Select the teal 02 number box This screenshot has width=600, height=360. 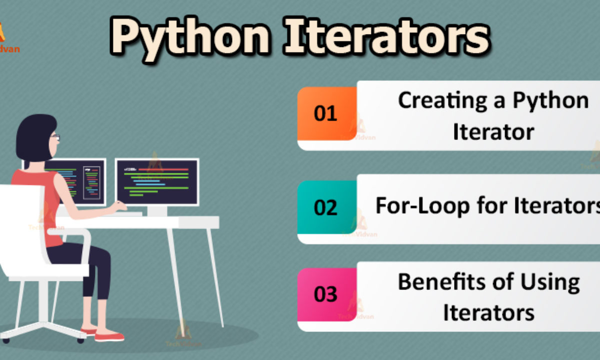pyautogui.click(x=326, y=207)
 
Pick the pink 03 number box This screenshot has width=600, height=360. pyautogui.click(x=326, y=294)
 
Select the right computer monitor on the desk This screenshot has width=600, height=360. pyautogui.click(x=157, y=181)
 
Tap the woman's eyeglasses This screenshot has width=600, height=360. pyautogui.click(x=55, y=136)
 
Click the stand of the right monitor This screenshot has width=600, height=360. pyautogui.click(x=157, y=210)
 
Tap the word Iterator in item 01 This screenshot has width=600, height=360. pyautogui.click(x=493, y=132)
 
